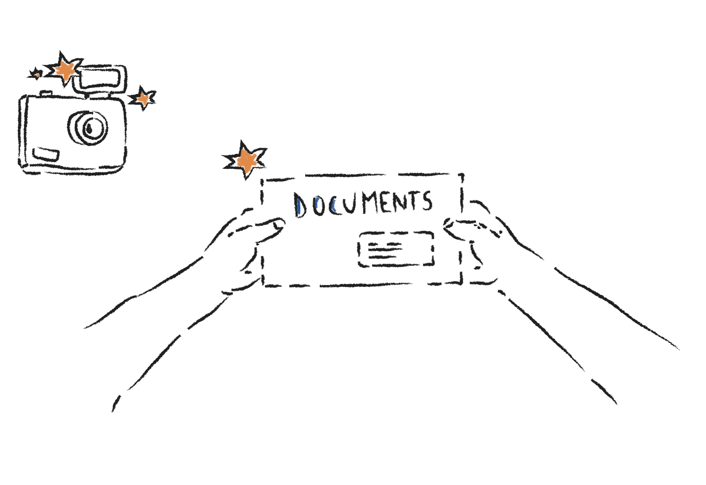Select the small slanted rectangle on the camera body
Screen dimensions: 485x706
tap(45, 154)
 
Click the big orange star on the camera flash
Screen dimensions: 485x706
tap(65, 70)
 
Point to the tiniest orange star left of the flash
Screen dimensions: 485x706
tap(37, 74)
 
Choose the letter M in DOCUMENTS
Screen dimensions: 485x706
tap(369, 202)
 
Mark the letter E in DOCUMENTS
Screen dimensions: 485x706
tap(387, 202)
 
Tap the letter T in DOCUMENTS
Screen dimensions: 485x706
tap(414, 200)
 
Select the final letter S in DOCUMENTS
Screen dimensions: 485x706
tap(427, 201)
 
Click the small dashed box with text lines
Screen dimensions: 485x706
tap(396, 249)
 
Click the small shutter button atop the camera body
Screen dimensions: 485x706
tap(45, 93)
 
